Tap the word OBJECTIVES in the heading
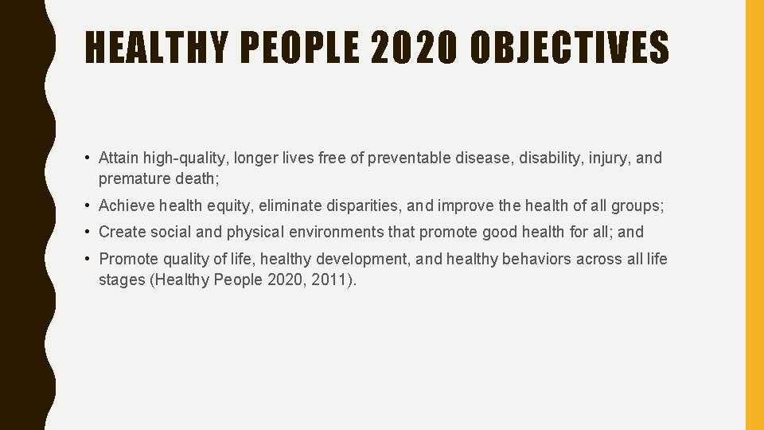pos(570,48)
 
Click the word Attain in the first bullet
pos(118,158)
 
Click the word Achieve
pos(127,206)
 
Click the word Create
pos(121,233)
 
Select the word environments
pos(318,233)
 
